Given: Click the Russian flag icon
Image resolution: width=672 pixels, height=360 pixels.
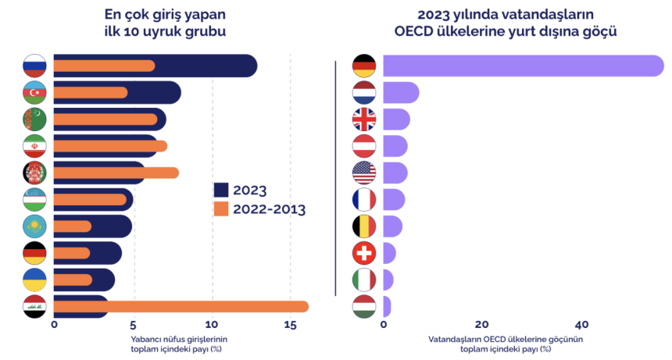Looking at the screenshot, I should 35,66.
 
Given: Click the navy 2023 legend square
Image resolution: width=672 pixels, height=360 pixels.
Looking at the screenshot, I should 220,190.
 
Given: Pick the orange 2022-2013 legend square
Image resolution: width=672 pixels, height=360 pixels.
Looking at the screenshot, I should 220,209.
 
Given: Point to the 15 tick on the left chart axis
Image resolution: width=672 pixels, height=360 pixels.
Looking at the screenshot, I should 291,324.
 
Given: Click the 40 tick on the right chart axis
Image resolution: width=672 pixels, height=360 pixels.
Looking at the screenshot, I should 581,324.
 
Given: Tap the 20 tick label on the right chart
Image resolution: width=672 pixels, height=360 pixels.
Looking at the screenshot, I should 482,324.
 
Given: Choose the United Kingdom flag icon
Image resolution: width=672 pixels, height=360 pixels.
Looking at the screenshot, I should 364,119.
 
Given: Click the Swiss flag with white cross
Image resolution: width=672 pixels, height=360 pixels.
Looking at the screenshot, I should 364,253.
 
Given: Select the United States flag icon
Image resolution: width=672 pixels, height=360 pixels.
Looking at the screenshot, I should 364,173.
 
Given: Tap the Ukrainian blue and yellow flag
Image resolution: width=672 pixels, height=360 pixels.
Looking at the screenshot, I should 35,280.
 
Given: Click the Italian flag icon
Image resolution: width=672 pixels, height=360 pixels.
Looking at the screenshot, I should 364,280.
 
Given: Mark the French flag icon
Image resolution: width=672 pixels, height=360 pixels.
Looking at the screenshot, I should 364,199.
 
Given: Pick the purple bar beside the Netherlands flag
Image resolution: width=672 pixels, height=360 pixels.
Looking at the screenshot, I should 401,93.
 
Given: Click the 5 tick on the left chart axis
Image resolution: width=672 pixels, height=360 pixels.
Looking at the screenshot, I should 134,324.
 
